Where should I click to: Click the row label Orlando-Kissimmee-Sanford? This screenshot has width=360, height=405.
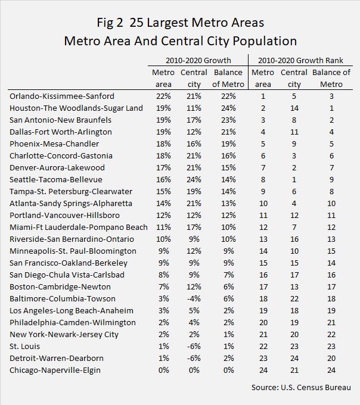(x=62, y=96)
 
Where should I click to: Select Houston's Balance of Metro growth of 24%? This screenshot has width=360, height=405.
(x=228, y=108)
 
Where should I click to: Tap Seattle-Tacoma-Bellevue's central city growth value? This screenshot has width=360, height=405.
(x=194, y=179)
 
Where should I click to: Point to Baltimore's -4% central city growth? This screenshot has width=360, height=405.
(x=194, y=298)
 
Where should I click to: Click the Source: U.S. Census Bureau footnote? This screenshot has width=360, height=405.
(x=301, y=388)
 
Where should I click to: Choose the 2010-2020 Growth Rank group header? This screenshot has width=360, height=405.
(x=300, y=60)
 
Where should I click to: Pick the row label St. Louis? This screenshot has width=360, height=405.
(x=25, y=346)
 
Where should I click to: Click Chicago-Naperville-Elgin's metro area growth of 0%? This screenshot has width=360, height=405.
(x=163, y=370)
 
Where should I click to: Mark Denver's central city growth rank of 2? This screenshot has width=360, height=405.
(x=294, y=167)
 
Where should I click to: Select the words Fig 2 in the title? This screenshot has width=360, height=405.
(x=110, y=23)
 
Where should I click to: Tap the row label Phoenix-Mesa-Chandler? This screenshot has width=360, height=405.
(x=54, y=144)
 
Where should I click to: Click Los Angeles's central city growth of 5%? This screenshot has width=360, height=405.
(x=194, y=310)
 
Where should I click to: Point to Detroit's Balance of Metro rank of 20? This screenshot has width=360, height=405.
(x=331, y=359)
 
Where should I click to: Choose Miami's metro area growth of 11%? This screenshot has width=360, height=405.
(x=163, y=228)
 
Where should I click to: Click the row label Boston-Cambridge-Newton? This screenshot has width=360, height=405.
(x=60, y=286)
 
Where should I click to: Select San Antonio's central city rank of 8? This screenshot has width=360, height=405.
(x=294, y=120)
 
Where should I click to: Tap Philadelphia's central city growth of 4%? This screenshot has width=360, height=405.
(x=194, y=322)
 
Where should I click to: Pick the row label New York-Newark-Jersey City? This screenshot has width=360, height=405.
(x=64, y=335)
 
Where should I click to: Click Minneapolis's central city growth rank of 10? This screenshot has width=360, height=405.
(x=294, y=251)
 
